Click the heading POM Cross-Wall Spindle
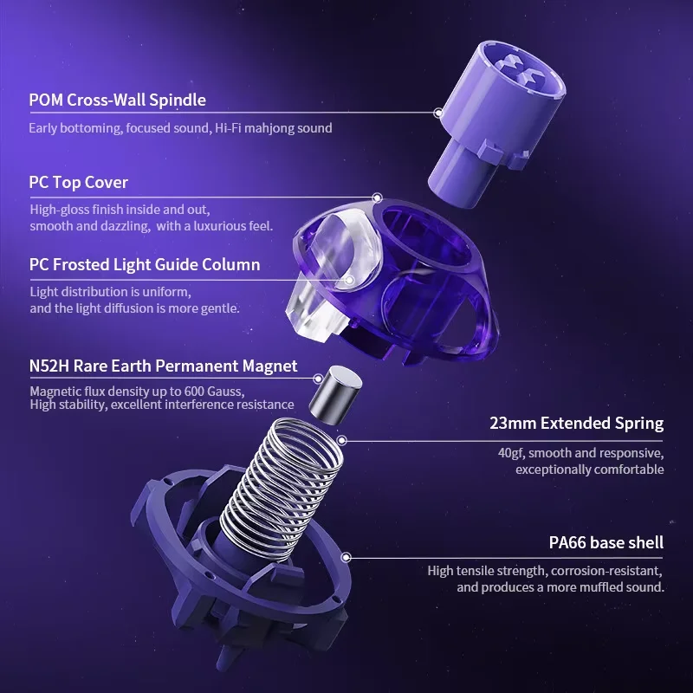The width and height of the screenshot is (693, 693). point(117,100)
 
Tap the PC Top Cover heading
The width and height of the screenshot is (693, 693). point(79,182)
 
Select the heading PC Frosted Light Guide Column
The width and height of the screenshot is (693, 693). point(145,264)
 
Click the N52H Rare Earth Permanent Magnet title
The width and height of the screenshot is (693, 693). point(163,366)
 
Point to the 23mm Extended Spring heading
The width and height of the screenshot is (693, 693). point(576,424)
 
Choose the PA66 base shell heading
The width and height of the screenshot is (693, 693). point(606,542)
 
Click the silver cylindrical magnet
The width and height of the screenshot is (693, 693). point(334,395)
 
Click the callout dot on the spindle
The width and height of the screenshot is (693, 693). point(438,113)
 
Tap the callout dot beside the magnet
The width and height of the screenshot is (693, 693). point(318,379)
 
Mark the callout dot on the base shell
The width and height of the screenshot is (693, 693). point(346,557)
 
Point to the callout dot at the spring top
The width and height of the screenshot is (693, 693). point(342,440)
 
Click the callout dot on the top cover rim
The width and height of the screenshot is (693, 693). point(377,198)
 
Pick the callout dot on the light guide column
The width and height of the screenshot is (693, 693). point(349,280)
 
